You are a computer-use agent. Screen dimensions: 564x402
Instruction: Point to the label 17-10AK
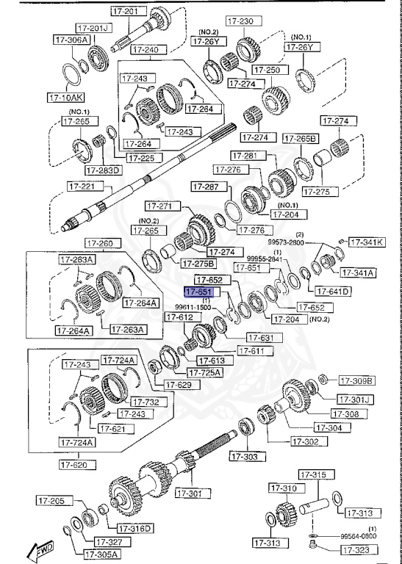click(66, 96)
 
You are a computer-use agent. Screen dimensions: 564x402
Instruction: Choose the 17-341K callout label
click(366, 242)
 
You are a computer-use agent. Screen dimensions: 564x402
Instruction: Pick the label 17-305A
click(101, 554)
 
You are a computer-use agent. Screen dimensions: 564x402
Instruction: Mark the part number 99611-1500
click(193, 308)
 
